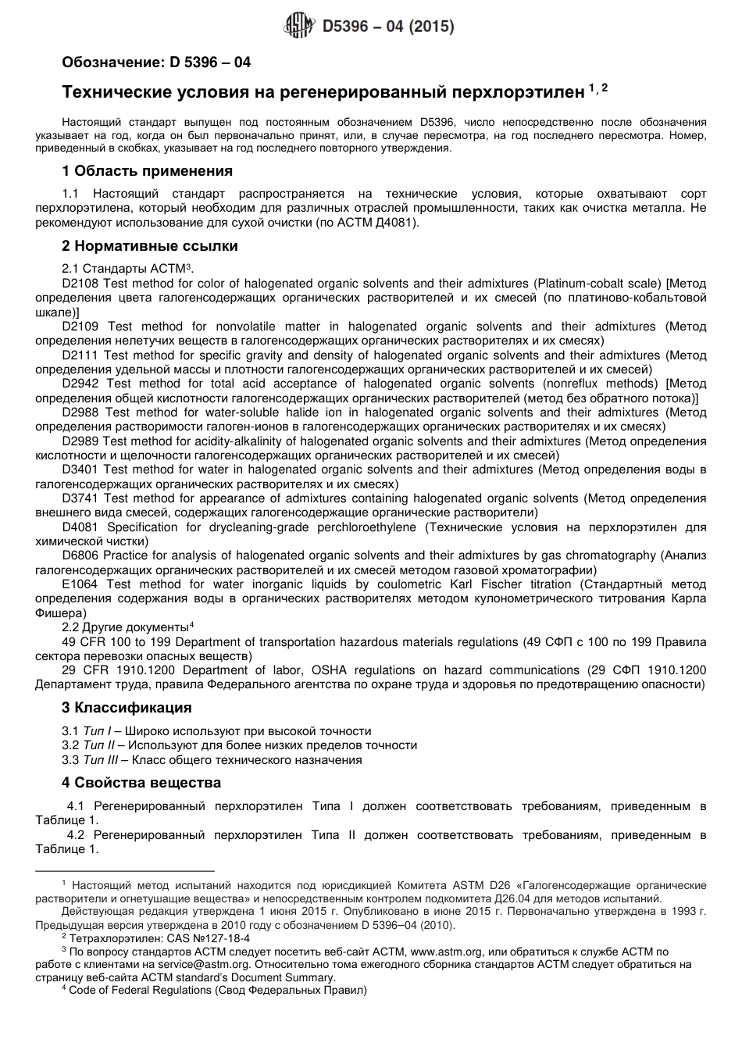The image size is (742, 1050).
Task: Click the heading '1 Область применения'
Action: pyautogui.click(x=147, y=171)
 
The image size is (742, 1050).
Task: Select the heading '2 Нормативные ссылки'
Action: pyautogui.click(x=149, y=246)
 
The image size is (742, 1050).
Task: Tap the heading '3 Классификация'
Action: pyautogui.click(x=127, y=708)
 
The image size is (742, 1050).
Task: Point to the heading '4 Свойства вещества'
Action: pyautogui.click(x=141, y=783)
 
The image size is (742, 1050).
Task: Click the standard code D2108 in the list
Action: pyautogui.click(x=80, y=284)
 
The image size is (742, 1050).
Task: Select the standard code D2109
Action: pyautogui.click(x=80, y=327)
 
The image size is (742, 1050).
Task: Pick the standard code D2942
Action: pyautogui.click(x=80, y=384)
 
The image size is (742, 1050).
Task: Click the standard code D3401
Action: pyautogui.click(x=80, y=470)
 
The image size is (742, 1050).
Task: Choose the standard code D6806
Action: pyautogui.click(x=80, y=555)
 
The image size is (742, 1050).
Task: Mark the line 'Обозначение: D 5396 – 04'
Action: pyautogui.click(x=156, y=62)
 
